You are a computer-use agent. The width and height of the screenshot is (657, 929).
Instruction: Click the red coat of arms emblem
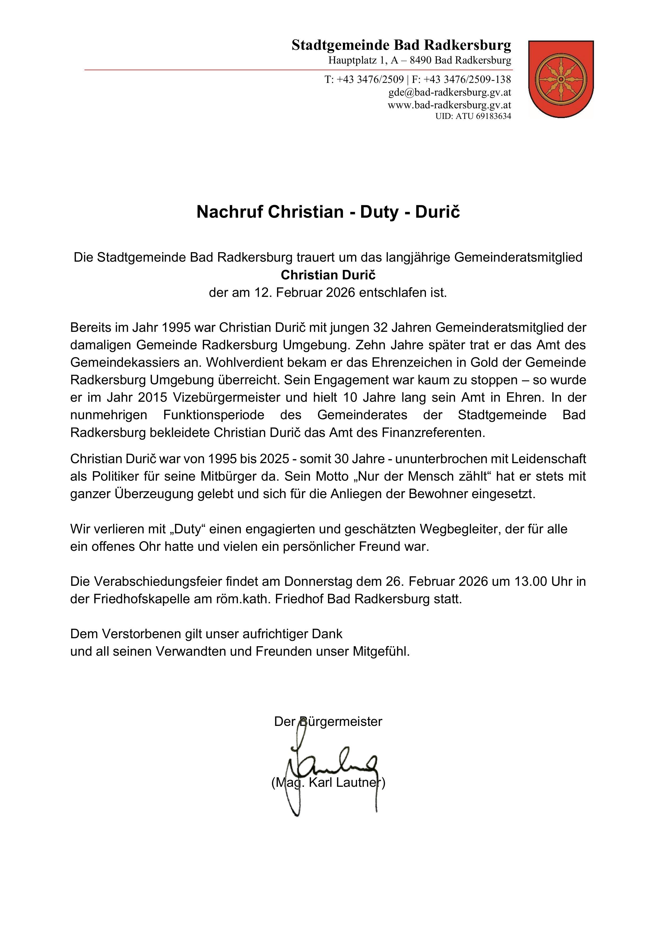561,79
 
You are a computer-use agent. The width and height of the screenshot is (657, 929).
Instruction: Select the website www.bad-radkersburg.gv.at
449,105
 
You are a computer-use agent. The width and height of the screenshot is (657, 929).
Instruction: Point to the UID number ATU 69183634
484,116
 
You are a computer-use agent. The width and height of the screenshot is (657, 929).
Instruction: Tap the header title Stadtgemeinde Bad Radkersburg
401,45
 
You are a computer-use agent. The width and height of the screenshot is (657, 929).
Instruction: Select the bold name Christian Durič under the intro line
328,275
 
